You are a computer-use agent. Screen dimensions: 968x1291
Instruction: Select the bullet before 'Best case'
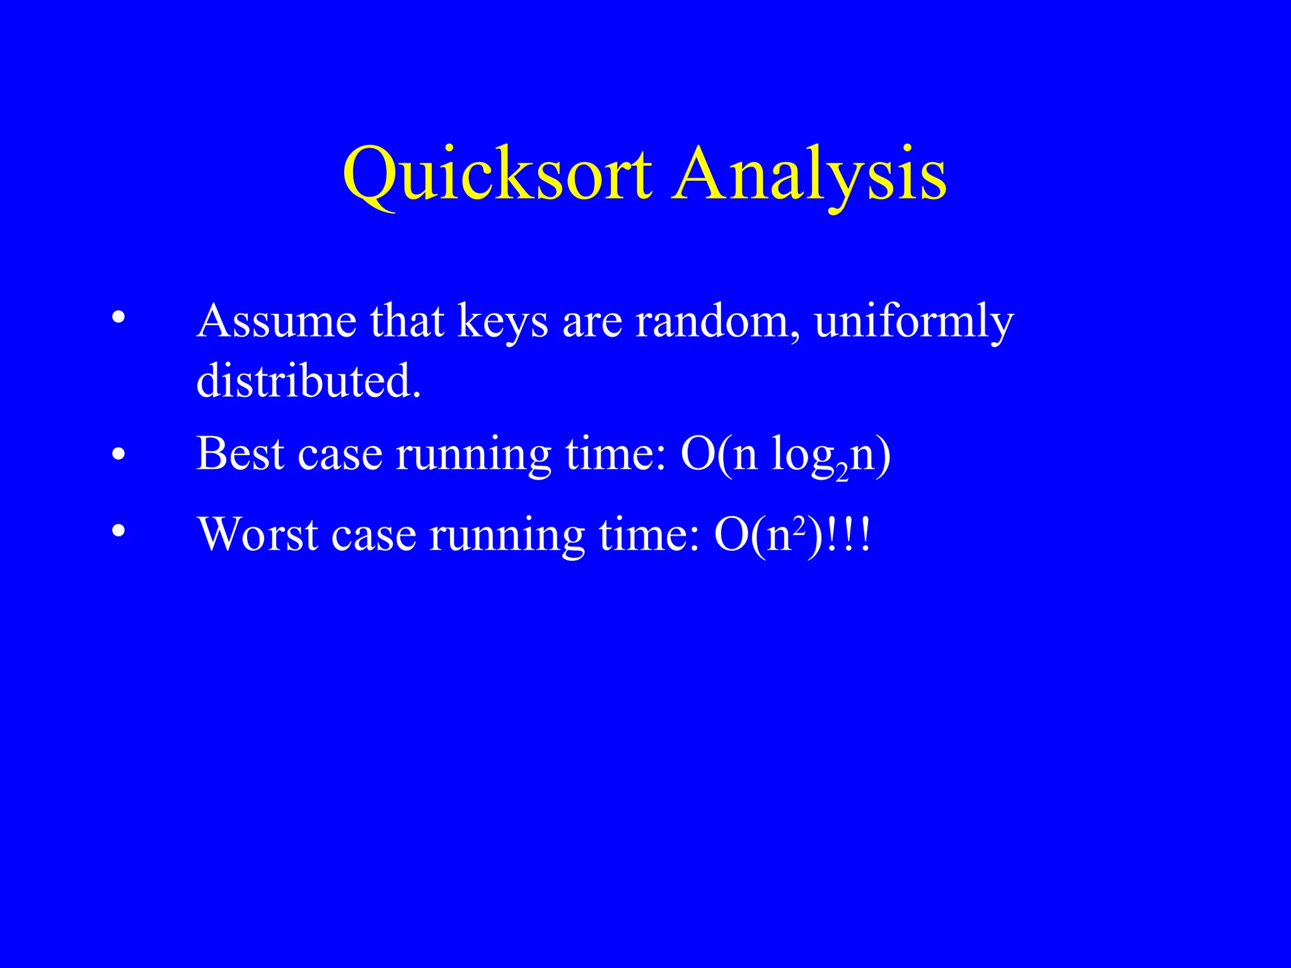coord(118,454)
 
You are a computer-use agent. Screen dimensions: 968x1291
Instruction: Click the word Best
coord(240,453)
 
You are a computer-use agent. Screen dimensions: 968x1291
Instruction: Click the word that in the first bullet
coord(407,321)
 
